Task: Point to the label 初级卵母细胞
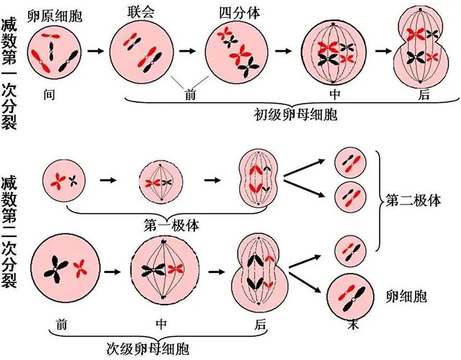point(296,114)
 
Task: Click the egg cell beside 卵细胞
point(354,295)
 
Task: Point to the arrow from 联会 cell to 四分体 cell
point(188,52)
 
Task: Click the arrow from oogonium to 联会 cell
point(94,52)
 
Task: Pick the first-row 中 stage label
point(334,94)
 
